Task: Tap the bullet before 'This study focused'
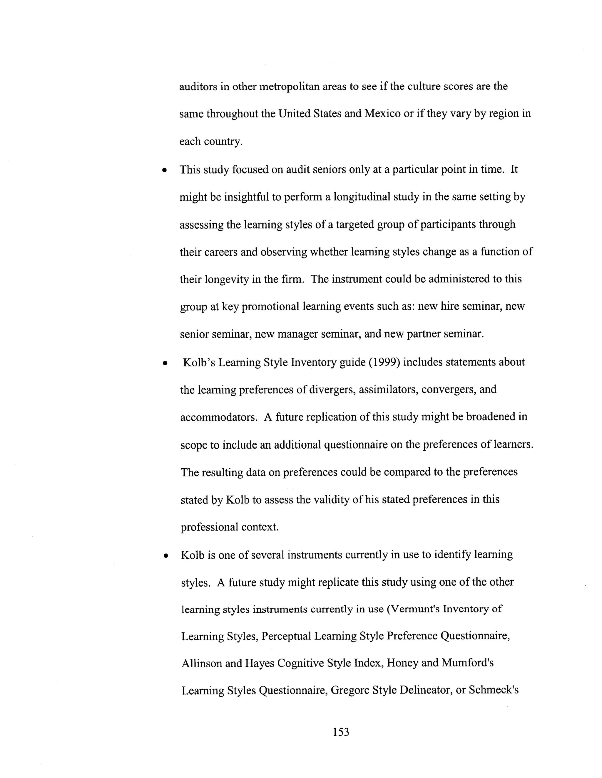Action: pos(164,170)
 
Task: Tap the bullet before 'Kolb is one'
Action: pos(165,556)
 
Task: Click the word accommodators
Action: pos(219,417)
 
